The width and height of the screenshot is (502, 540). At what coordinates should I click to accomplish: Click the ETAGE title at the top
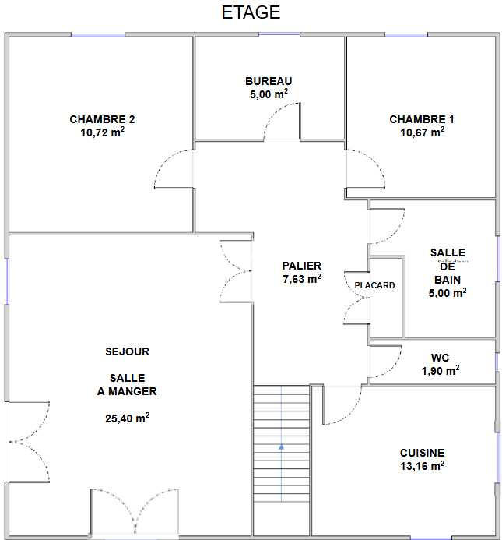pyautogui.click(x=251, y=13)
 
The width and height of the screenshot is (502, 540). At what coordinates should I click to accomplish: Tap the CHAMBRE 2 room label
pyautogui.click(x=102, y=119)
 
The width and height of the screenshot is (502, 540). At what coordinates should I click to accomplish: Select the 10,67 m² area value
pyautogui.click(x=422, y=132)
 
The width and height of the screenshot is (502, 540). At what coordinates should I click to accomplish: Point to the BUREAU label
pyautogui.click(x=269, y=80)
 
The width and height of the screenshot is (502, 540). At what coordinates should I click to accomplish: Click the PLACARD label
pyautogui.click(x=374, y=285)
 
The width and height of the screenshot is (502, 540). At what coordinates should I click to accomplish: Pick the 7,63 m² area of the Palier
pyautogui.click(x=301, y=279)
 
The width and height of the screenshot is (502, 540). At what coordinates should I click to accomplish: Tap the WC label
pyautogui.click(x=440, y=358)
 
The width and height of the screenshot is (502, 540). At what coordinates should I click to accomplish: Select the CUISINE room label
pyautogui.click(x=422, y=453)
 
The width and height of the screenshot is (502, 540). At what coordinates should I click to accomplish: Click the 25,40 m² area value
pyautogui.click(x=127, y=418)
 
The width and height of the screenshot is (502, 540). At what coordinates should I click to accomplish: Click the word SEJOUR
pyautogui.click(x=127, y=351)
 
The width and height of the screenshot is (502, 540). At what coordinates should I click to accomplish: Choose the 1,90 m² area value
pyautogui.click(x=440, y=371)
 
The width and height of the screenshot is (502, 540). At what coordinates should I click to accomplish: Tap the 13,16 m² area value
pyautogui.click(x=422, y=467)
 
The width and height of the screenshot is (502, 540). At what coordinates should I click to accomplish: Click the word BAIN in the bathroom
pyautogui.click(x=448, y=279)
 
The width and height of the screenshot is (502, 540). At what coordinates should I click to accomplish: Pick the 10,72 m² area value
pyautogui.click(x=102, y=133)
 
